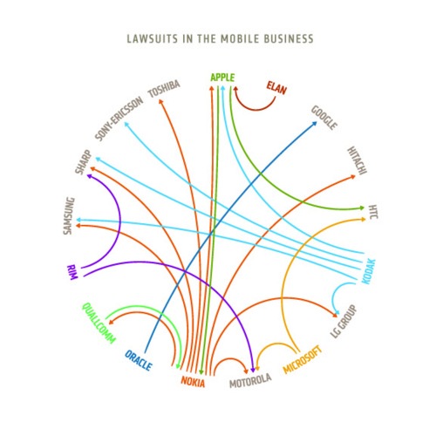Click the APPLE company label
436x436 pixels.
click(x=222, y=78)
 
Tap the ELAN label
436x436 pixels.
click(x=276, y=88)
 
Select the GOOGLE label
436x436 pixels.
click(x=324, y=118)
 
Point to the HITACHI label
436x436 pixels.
click(x=357, y=160)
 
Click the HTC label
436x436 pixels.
click(x=373, y=212)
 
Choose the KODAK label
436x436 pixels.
click(x=369, y=271)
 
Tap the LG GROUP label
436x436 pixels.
click(x=344, y=321)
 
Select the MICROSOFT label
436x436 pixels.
click(x=303, y=359)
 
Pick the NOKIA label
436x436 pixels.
click(x=193, y=382)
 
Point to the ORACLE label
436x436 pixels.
click(x=139, y=361)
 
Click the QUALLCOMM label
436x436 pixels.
click(x=99, y=323)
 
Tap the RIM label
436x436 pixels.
click(x=72, y=272)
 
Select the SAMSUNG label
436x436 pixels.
click(x=69, y=216)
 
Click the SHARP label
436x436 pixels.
click(x=83, y=162)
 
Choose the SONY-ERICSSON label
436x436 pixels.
click(x=119, y=119)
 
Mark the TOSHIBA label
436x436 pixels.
click(x=164, y=89)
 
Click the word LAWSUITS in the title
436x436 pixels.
click(x=153, y=38)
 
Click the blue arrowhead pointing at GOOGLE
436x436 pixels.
click(x=314, y=124)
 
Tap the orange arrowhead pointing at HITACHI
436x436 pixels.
click(x=352, y=176)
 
